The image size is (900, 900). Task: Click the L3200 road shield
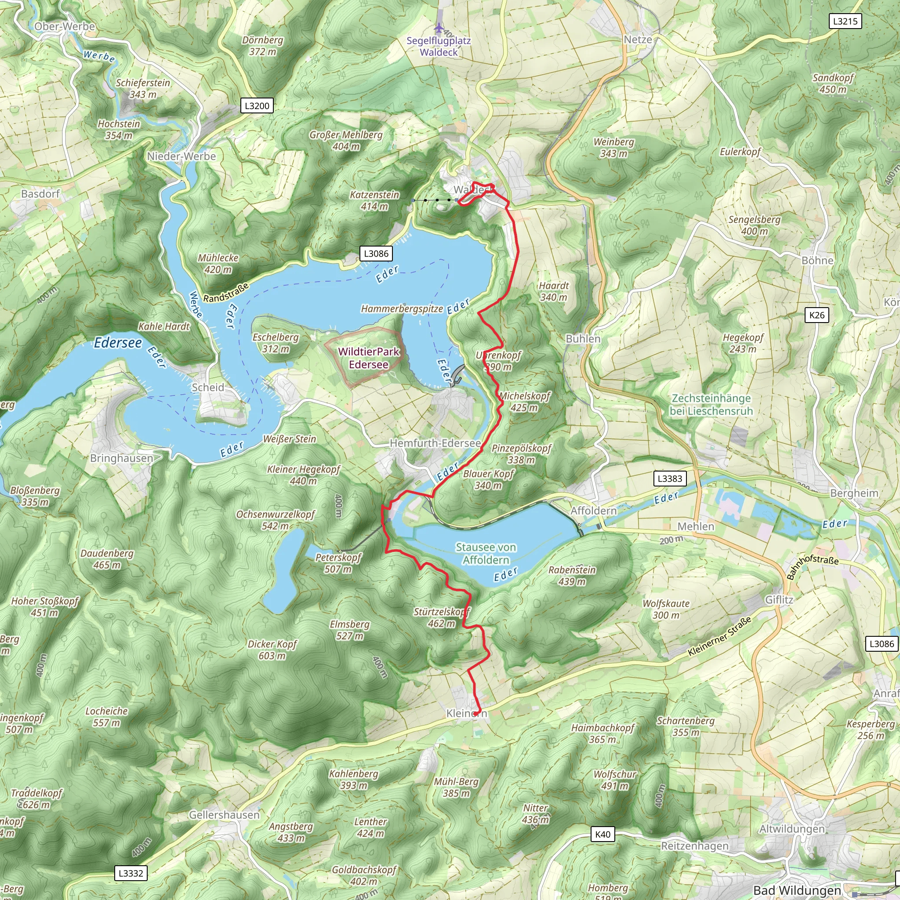257,106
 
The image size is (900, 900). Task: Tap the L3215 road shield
845,21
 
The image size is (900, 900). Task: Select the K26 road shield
817,315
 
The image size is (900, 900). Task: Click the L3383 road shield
669,479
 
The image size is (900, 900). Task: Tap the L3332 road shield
131,873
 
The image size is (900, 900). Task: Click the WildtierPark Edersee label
368,358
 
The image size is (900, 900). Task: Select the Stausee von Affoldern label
486,553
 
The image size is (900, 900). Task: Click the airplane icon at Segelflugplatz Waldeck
438,29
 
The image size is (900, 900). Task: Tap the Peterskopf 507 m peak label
338,563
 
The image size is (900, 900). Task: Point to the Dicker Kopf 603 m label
272,650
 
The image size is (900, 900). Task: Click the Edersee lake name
118,343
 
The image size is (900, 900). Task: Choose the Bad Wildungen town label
797,890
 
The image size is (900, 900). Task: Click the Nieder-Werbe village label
181,156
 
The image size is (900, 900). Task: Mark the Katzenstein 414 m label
374,200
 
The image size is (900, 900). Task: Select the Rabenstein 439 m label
572,575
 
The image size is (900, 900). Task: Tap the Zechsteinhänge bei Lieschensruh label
711,404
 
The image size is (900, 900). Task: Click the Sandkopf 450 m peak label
833,83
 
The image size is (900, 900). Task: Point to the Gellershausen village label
224,815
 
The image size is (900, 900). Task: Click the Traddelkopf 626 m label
36,798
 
